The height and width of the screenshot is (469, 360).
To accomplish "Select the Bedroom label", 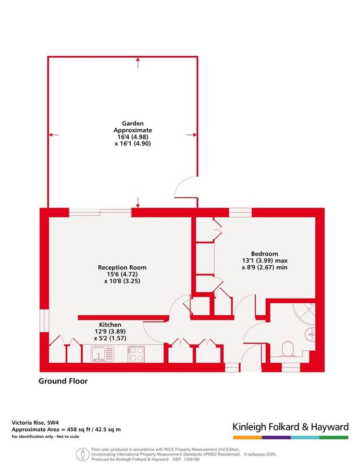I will (265, 254).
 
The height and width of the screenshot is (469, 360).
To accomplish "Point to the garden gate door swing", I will (184, 188).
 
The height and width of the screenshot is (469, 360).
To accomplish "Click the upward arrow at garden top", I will (138, 62).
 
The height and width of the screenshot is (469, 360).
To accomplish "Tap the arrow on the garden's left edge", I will (54, 135).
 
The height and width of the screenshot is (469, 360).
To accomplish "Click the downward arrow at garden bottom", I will (138, 202).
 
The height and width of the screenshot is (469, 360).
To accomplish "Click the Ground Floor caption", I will (63, 381).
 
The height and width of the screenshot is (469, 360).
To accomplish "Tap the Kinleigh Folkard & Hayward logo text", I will (290, 427).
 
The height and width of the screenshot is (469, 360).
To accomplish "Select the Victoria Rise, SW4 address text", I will (35, 423).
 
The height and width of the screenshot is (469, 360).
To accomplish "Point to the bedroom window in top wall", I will (240, 212).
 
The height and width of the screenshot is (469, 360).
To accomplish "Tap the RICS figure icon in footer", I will (82, 454).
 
